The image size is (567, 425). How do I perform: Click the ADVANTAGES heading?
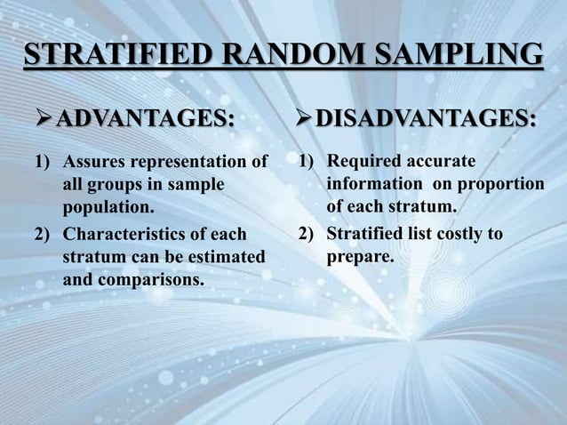(x=146, y=117)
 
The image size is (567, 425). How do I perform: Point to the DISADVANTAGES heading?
(x=426, y=117)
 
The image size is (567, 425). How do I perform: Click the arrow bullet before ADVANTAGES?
(x=40, y=117)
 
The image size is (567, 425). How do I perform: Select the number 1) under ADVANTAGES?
(x=43, y=162)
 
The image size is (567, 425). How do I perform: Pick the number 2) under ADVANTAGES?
(x=43, y=236)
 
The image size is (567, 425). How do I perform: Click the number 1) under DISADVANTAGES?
(x=307, y=161)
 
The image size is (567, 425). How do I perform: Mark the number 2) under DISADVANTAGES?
(x=307, y=235)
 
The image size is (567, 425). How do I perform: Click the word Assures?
(x=95, y=162)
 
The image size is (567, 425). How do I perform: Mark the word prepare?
(x=359, y=258)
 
